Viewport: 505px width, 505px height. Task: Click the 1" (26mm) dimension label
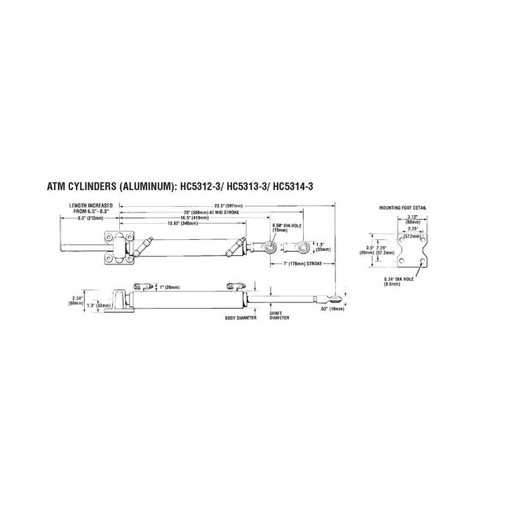(169, 287)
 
